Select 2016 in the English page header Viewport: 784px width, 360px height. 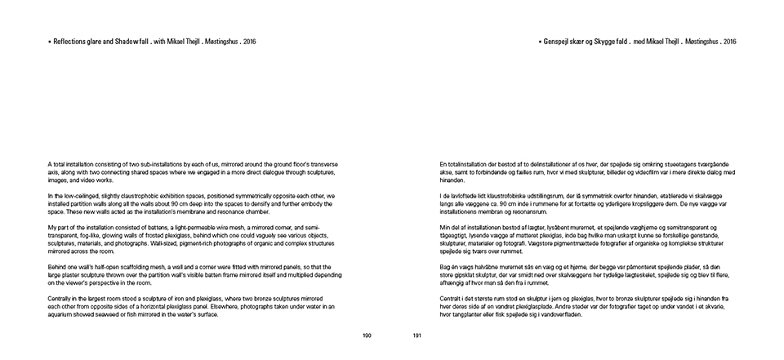pos(250,41)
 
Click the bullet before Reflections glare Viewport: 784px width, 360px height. pos(49,41)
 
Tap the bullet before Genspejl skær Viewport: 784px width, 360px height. pos(541,41)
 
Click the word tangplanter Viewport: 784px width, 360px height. pos(465,313)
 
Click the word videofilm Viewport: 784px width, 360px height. pos(669,172)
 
